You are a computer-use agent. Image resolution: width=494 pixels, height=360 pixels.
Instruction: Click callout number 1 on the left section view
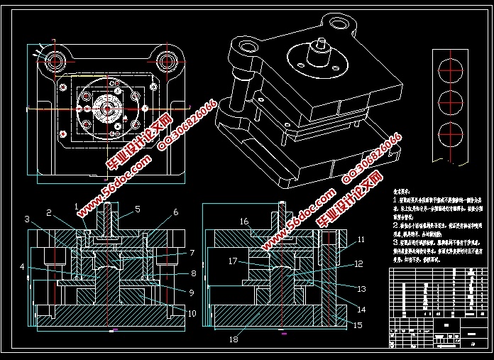[77, 205]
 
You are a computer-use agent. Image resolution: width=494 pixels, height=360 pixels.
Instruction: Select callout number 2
[49, 212]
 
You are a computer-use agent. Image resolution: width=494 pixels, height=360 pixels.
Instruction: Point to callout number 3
[26, 219]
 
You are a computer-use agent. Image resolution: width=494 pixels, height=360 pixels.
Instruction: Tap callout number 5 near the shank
[138, 209]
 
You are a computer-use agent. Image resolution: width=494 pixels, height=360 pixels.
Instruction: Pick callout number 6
[175, 212]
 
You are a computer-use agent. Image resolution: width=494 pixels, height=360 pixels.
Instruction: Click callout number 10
[192, 313]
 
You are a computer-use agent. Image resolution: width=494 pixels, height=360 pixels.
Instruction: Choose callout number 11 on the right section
[361, 240]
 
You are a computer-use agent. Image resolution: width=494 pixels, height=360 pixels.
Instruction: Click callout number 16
[243, 222]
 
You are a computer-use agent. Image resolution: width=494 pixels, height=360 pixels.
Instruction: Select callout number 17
[232, 261]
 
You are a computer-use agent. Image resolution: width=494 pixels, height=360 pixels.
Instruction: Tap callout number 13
[361, 289]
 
